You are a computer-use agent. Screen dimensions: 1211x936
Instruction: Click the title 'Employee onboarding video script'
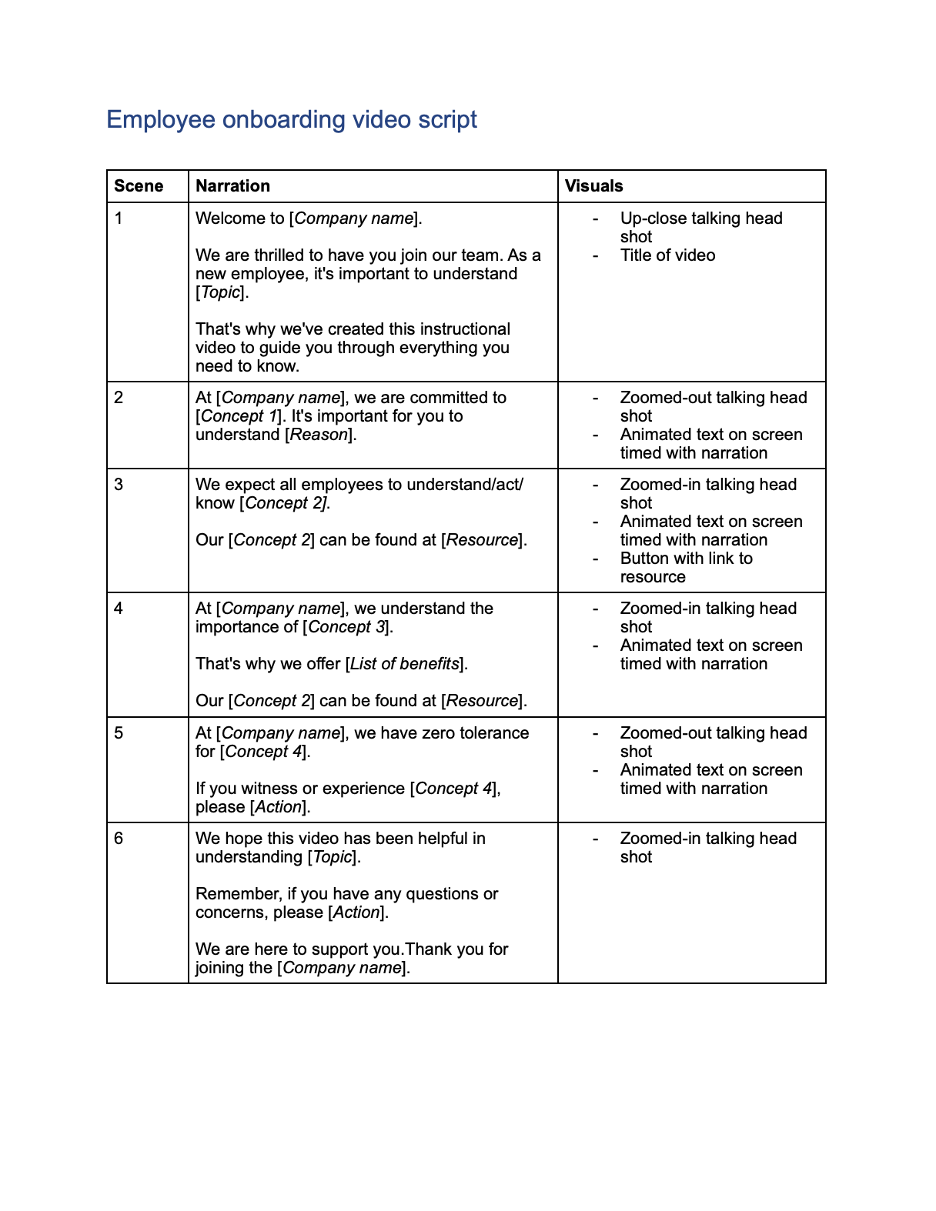(291, 120)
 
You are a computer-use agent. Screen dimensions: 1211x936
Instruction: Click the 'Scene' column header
(139, 186)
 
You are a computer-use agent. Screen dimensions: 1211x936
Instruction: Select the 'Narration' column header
(232, 186)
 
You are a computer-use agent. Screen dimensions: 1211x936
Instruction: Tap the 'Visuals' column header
(593, 186)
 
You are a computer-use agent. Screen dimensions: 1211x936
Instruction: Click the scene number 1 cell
(119, 219)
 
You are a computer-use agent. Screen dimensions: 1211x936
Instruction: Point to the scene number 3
(119, 485)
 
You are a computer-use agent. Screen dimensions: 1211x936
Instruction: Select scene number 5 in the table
(119, 733)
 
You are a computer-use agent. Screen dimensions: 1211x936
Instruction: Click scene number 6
(119, 839)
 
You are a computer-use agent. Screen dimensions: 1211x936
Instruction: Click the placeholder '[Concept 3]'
(347, 627)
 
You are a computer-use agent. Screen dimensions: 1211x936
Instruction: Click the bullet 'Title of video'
(667, 255)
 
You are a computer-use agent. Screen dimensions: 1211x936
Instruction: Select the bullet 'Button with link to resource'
(686, 568)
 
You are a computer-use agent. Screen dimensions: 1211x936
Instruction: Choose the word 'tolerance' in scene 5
(494, 733)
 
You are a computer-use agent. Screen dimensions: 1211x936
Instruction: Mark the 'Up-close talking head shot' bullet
(700, 228)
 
